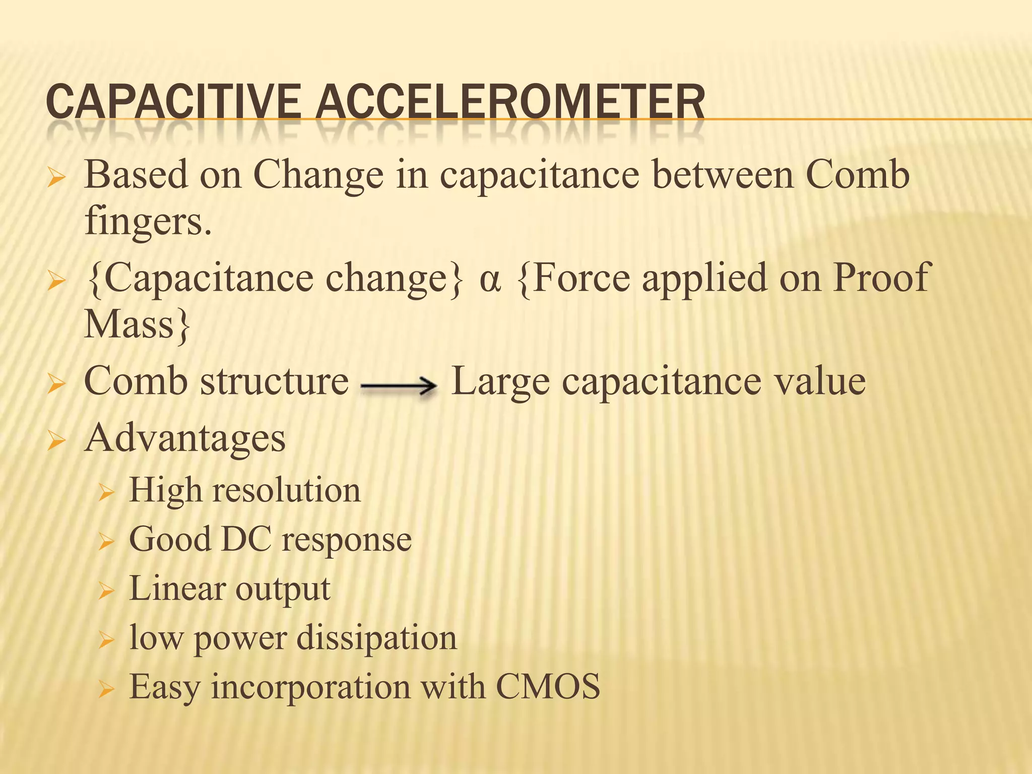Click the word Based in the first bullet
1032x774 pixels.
[136, 174]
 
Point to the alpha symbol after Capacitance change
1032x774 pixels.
[489, 279]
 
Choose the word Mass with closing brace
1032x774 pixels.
[137, 325]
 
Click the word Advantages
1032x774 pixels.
[185, 437]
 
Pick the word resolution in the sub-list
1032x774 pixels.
[286, 490]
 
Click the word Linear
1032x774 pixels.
[177, 588]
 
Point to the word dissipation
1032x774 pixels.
[376, 637]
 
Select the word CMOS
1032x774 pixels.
[548, 686]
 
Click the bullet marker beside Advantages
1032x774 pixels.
[56, 441]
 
